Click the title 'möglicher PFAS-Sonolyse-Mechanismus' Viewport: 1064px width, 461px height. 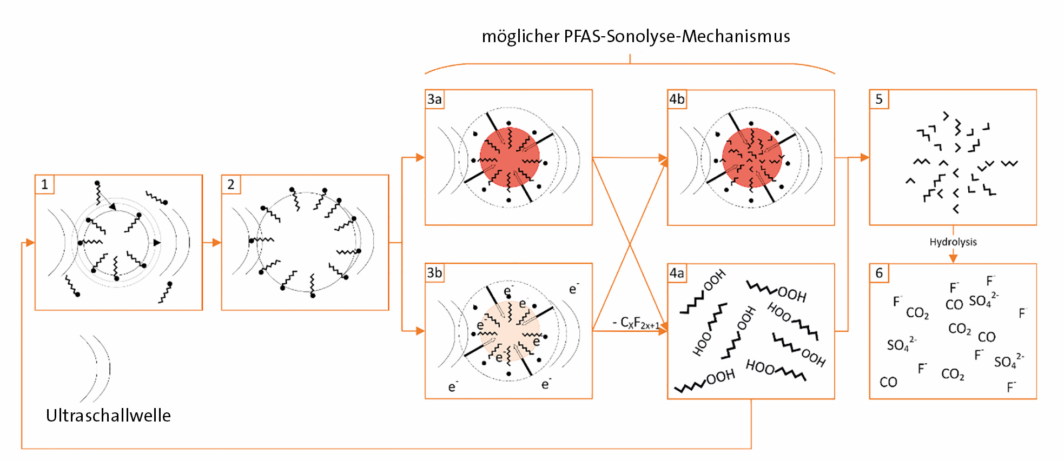point(636,36)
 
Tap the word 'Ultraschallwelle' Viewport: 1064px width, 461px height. point(108,415)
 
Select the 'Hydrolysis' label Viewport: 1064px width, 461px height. point(953,242)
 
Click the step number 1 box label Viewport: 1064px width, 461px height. point(44,184)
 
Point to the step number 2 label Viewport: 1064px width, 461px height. point(231,184)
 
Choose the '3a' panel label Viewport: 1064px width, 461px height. point(435,99)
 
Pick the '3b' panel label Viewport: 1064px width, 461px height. point(435,273)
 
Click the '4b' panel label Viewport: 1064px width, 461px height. point(677,99)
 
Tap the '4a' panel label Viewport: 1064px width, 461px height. point(677,273)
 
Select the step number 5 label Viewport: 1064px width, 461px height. point(879,99)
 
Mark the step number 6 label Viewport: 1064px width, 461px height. point(879,273)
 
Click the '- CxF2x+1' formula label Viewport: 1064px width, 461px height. point(636,323)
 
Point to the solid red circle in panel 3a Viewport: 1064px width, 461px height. point(510,157)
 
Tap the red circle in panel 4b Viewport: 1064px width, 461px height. point(752,157)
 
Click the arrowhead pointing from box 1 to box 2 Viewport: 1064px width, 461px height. point(217,243)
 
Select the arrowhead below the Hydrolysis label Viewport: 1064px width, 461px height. point(953,258)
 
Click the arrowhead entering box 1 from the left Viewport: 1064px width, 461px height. point(30,243)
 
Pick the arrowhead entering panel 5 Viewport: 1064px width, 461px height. point(865,157)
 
